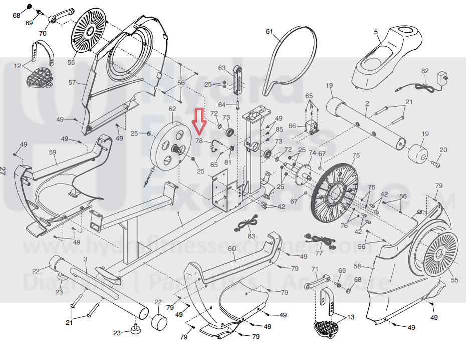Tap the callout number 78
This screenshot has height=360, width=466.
pyautogui.click(x=199, y=141)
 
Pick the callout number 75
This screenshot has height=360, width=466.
pyautogui.click(x=356, y=156)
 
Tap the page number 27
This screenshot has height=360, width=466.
pyautogui.click(x=5, y=171)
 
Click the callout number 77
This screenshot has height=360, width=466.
pyautogui.click(x=319, y=253)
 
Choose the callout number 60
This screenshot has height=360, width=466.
pyautogui.click(x=231, y=249)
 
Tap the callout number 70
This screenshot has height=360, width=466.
pyautogui.click(x=43, y=34)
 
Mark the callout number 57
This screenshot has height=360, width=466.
pyautogui.click(x=72, y=82)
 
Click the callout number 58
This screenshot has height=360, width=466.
pyautogui.click(x=357, y=266)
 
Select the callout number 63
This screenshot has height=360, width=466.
pyautogui.click(x=222, y=68)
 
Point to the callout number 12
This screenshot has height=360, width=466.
pyautogui.click(x=18, y=66)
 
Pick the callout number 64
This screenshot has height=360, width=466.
pyautogui.click(x=222, y=104)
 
